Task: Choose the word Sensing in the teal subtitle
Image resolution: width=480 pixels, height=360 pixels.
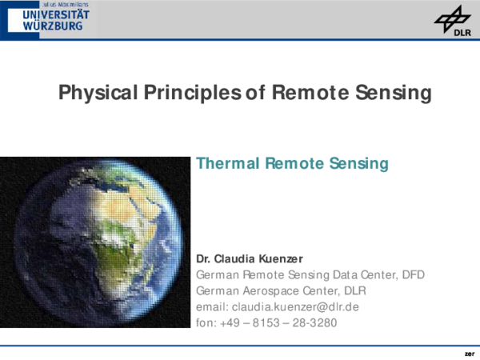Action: click(357, 164)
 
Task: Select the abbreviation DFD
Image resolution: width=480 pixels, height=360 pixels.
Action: click(413, 274)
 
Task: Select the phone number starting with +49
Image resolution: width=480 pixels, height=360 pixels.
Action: click(280, 322)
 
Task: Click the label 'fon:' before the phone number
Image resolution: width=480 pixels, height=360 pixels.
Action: click(206, 322)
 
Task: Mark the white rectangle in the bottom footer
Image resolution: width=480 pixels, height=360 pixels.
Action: click(414, 353)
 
